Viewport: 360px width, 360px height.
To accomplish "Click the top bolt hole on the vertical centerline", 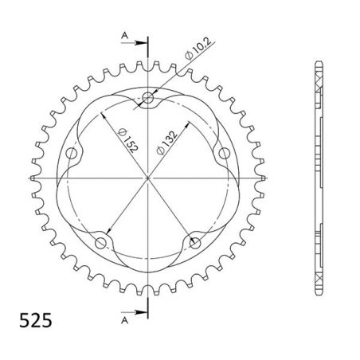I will coord(147,100).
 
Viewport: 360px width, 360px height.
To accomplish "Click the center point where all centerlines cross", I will coord(147,176).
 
